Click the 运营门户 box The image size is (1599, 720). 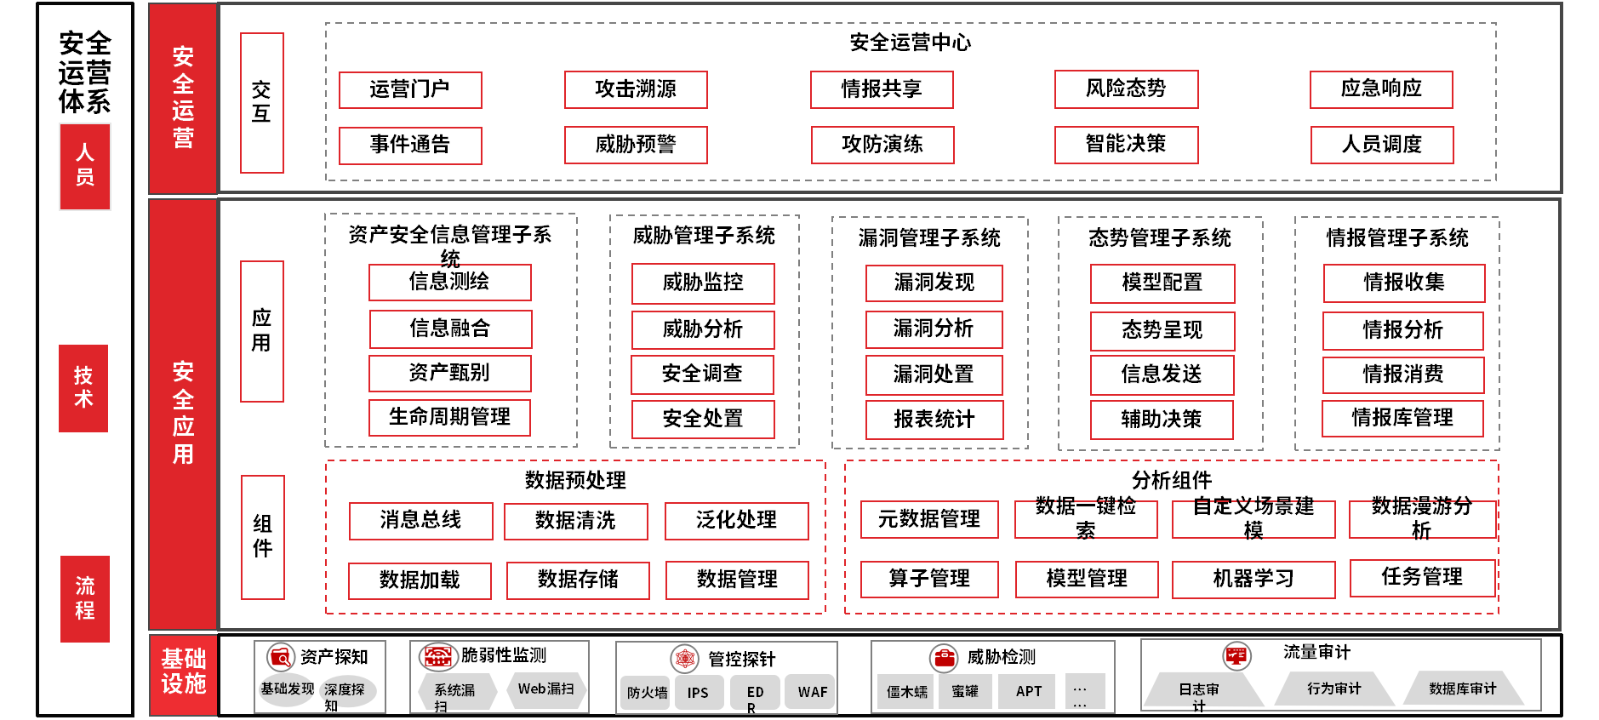pos(410,89)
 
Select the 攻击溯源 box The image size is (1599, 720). pos(636,89)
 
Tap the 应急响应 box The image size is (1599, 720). pos(1381,89)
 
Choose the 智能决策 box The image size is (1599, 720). pos(1126,145)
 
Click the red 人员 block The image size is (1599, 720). pos(84,166)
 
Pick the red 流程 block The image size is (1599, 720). pos(84,598)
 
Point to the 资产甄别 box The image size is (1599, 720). pos(449,373)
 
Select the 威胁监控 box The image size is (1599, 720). pos(703,283)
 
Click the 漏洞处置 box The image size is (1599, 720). pos(934,374)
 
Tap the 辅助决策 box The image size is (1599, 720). pos(1162,420)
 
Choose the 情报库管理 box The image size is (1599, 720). pos(1402,418)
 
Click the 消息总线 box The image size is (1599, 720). pos(420,521)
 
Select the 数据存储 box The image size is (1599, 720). pos(578,580)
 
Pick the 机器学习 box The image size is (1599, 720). pos(1254,580)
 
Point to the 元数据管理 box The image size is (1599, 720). pos(929,519)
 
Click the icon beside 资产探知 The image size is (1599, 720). pos(279,657)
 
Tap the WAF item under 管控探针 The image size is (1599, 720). pos(812,692)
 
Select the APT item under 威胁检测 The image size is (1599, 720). pos(1029,691)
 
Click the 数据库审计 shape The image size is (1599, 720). pos(1462,689)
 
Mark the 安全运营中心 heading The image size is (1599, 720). pos(910,43)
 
